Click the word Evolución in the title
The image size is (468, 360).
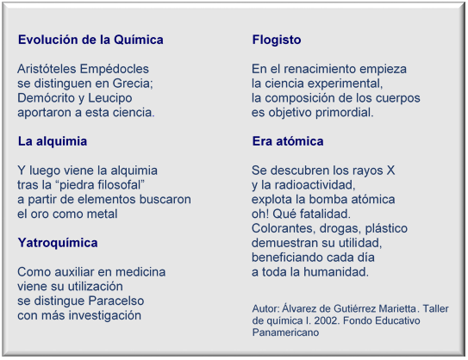coord(47,40)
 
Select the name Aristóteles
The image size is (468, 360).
coord(47,69)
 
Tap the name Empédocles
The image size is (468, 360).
coord(115,69)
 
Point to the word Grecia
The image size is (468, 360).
coord(133,84)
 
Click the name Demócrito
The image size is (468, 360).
coord(45,98)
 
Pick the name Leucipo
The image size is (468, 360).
coord(109,98)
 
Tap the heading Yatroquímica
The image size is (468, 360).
coord(58,243)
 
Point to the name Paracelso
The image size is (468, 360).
coord(116,301)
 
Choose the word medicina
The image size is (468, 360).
coord(140,271)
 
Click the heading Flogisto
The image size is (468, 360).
coord(277,40)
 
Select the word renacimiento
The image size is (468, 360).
coord(319,69)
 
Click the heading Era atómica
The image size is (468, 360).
coord(288,141)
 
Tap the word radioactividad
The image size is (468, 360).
coord(315,185)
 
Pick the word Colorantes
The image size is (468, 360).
coord(284,228)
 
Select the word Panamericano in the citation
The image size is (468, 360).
coord(285,332)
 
